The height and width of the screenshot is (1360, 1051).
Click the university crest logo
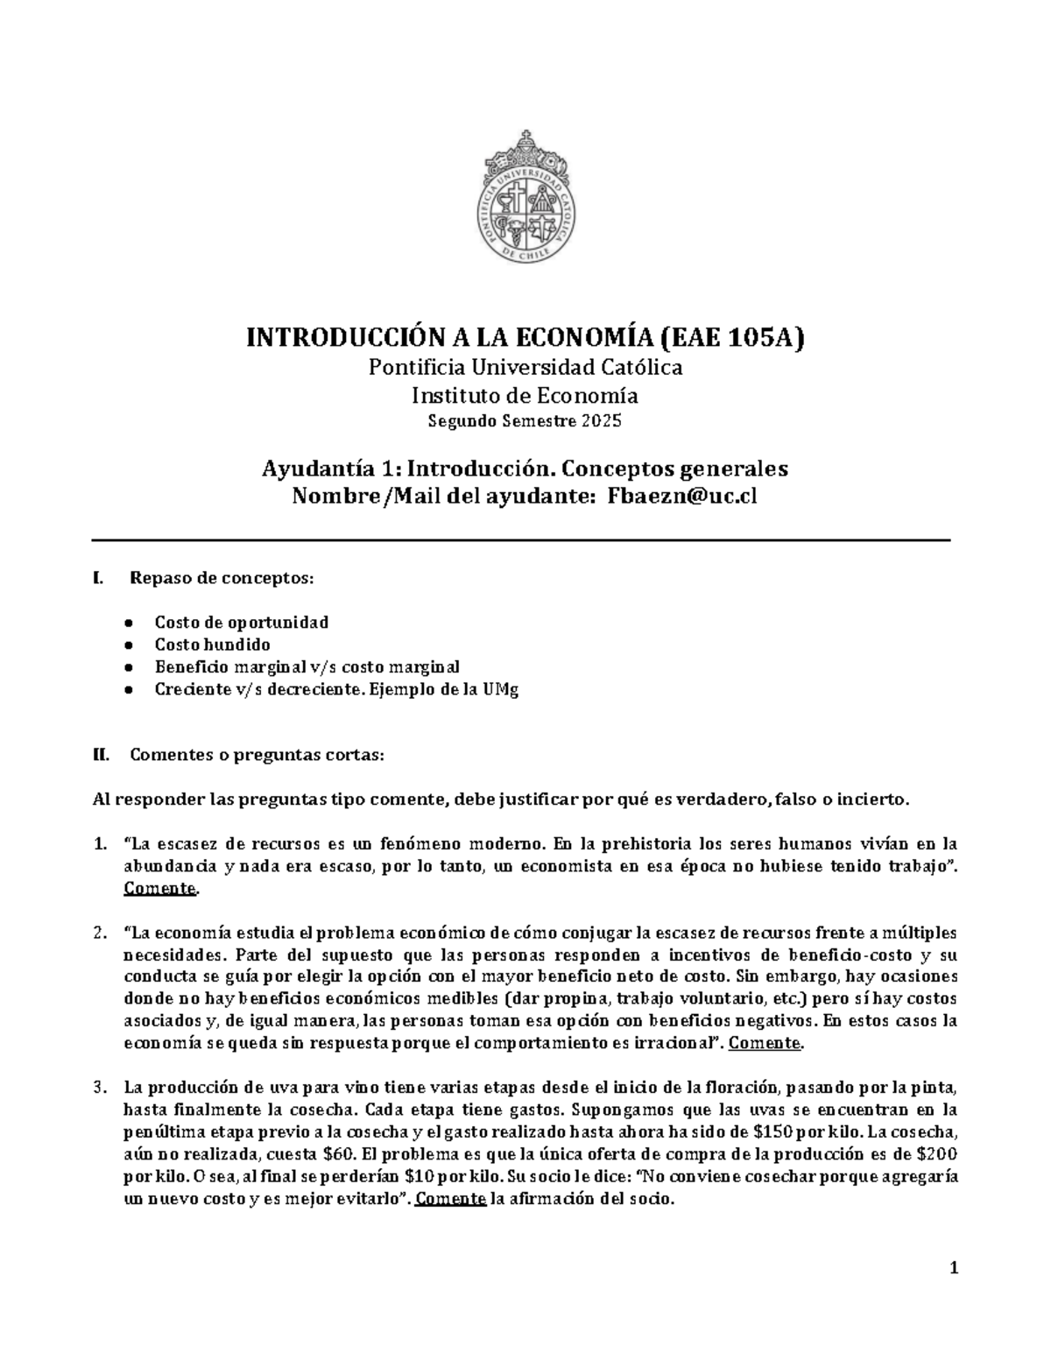pos(525,197)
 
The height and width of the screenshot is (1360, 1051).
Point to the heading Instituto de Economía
pos(525,396)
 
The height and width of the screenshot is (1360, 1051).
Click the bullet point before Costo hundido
pos(128,645)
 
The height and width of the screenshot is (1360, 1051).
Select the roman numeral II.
pos(100,755)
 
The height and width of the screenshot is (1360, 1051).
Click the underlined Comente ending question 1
pos(160,889)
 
